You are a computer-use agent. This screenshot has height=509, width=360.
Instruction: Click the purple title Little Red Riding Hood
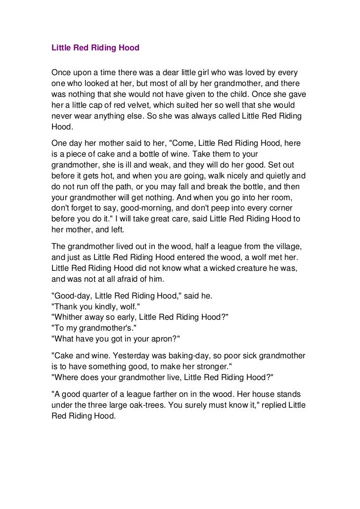pos(95,48)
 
